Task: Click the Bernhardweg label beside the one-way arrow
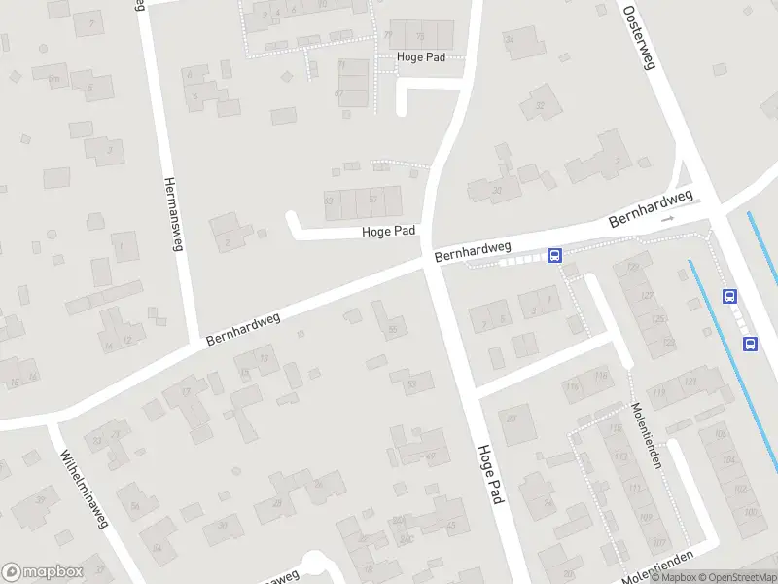click(x=651, y=208)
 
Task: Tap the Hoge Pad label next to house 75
click(x=420, y=57)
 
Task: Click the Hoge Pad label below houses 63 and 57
click(x=389, y=232)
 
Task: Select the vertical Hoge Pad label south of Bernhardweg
click(x=488, y=474)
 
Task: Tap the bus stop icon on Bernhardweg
click(x=554, y=256)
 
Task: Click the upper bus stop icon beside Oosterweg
click(x=729, y=296)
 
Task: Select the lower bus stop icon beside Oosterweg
click(x=750, y=343)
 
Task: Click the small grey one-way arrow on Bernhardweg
click(x=667, y=219)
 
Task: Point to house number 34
click(x=510, y=39)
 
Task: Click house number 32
click(x=538, y=105)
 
